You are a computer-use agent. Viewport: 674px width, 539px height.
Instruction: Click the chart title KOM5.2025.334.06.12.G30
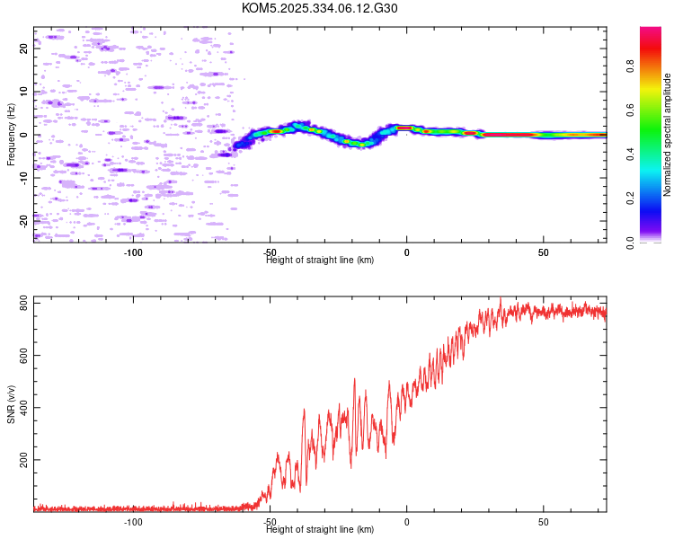click(320, 8)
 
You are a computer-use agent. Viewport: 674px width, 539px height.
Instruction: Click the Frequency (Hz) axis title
click(11, 135)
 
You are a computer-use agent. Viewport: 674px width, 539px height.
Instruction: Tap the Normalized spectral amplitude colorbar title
click(667, 135)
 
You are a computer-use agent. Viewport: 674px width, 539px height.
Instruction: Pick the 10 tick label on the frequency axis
click(23, 92)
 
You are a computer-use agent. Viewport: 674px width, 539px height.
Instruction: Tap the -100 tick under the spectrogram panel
click(133, 252)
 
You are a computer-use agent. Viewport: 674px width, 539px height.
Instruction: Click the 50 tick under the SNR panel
click(543, 522)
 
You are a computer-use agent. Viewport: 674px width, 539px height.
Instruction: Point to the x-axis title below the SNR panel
click(320, 530)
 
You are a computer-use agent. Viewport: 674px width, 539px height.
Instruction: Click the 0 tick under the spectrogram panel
click(406, 252)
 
